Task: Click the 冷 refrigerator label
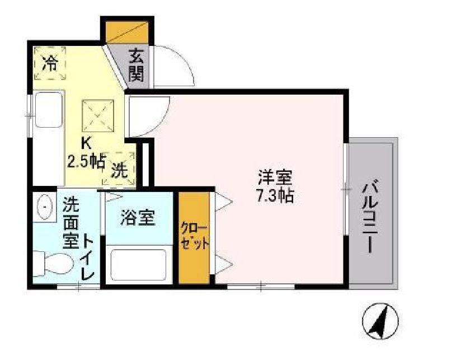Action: tap(50, 63)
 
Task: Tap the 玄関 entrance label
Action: tap(136, 66)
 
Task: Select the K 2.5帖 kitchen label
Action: tap(86, 153)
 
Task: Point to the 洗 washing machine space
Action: tap(119, 169)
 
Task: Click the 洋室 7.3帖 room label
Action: tap(275, 186)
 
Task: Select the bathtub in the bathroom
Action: tap(139, 265)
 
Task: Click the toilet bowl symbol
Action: tap(53, 264)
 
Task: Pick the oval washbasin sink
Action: tap(45, 207)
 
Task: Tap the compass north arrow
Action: tap(380, 321)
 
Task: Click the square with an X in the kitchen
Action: tap(98, 115)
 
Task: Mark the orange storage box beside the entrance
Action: tap(127, 32)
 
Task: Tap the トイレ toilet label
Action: tap(88, 258)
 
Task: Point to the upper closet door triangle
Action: tap(223, 202)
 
